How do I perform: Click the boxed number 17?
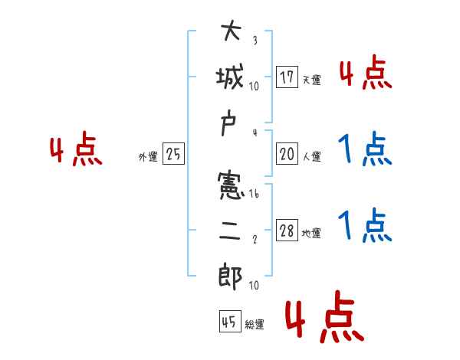click(287, 77)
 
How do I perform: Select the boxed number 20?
click(287, 154)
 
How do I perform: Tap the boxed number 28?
click(287, 231)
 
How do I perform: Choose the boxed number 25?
click(173, 154)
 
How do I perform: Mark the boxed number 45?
click(228, 322)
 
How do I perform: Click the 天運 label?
click(311, 80)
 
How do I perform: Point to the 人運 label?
click(311, 156)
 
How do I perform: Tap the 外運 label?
click(148, 156)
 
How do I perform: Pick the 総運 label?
click(254, 325)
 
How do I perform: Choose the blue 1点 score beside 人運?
click(365, 149)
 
